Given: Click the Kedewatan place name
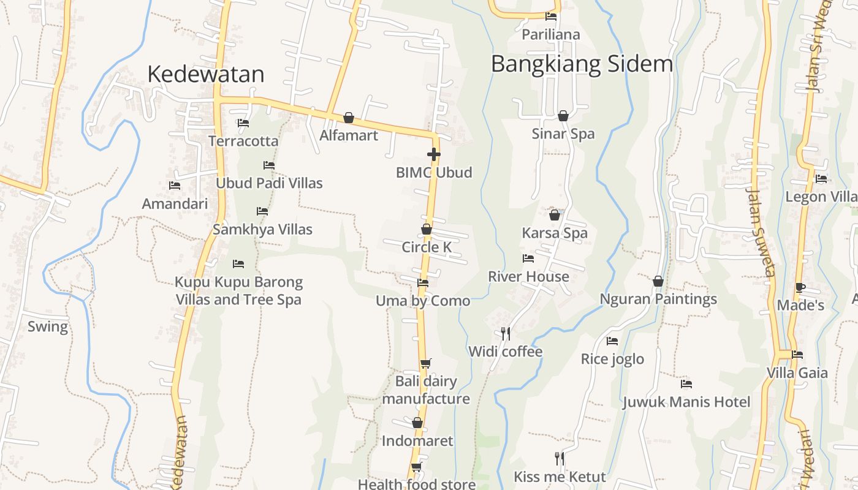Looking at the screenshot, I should (x=206, y=74).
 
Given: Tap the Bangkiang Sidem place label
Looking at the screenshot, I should (x=582, y=64).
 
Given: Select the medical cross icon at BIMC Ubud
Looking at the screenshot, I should (x=434, y=154).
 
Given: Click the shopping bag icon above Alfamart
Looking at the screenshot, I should (x=349, y=117).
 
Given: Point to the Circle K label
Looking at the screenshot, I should (x=427, y=247).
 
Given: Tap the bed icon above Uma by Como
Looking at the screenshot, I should (x=423, y=282).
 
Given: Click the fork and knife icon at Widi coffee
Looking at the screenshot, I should (x=506, y=333).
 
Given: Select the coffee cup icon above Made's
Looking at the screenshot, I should (x=800, y=287).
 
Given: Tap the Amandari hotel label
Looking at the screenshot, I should (x=175, y=204).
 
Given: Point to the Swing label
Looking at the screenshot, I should (x=48, y=326).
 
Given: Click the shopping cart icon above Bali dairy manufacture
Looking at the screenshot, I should (x=426, y=363).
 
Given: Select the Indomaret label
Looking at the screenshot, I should (x=417, y=441).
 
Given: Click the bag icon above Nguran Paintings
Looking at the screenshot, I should (x=658, y=281).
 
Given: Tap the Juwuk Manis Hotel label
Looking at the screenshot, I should (x=686, y=402).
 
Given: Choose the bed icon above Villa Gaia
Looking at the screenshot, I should (x=797, y=354).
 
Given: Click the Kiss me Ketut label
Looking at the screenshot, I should (x=560, y=477).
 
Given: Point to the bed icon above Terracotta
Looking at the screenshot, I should (x=243, y=123).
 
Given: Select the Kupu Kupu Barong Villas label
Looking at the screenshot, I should (x=239, y=291).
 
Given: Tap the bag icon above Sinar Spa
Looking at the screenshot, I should (x=563, y=115).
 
